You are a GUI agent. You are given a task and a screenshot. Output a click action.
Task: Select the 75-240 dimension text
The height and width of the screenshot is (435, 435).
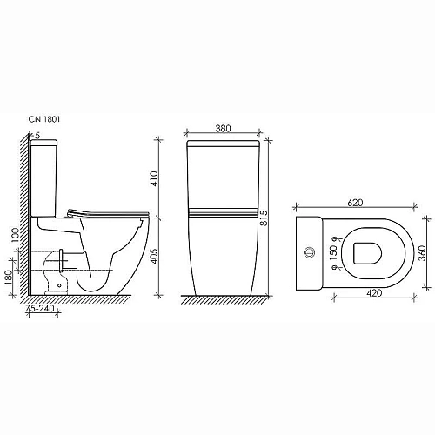[x=42, y=308]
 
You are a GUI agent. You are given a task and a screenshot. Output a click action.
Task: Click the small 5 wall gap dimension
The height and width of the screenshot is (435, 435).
[x=37, y=135]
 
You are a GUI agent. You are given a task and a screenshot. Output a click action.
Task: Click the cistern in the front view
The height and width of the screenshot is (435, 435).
[x=224, y=178]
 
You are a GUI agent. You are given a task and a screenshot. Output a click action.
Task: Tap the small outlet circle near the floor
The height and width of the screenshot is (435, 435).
[x=58, y=284]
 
